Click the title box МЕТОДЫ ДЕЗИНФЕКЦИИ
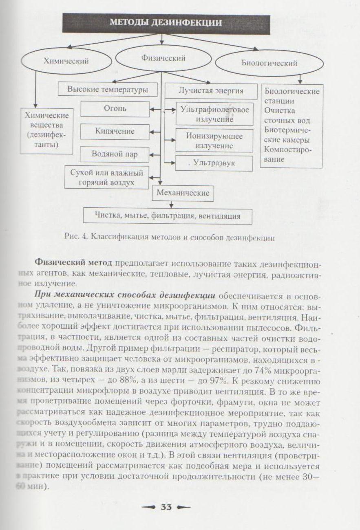(x=166, y=23)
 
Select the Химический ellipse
(x=66, y=62)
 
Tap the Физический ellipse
(x=163, y=58)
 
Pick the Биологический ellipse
(x=269, y=63)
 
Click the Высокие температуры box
(x=108, y=89)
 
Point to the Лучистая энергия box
(x=211, y=90)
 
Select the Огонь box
(x=115, y=109)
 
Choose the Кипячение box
(x=115, y=132)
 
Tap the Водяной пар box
(x=115, y=154)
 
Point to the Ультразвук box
(x=211, y=163)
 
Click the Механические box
(x=183, y=193)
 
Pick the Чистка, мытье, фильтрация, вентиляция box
(x=168, y=216)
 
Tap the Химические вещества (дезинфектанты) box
(x=47, y=130)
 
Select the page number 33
(x=166, y=507)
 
